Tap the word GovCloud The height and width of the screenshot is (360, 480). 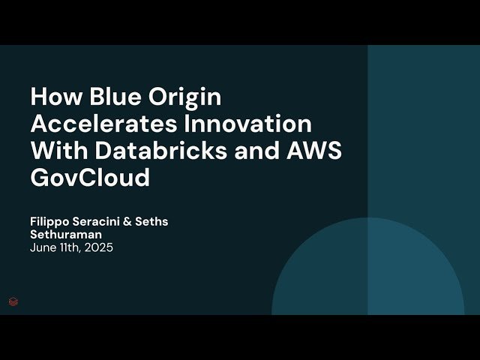pos(90,178)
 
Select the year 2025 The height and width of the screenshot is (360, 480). pos(97,247)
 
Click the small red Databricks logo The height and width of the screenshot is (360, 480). pos(13,301)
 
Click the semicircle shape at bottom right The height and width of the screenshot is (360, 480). pos(367,270)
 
